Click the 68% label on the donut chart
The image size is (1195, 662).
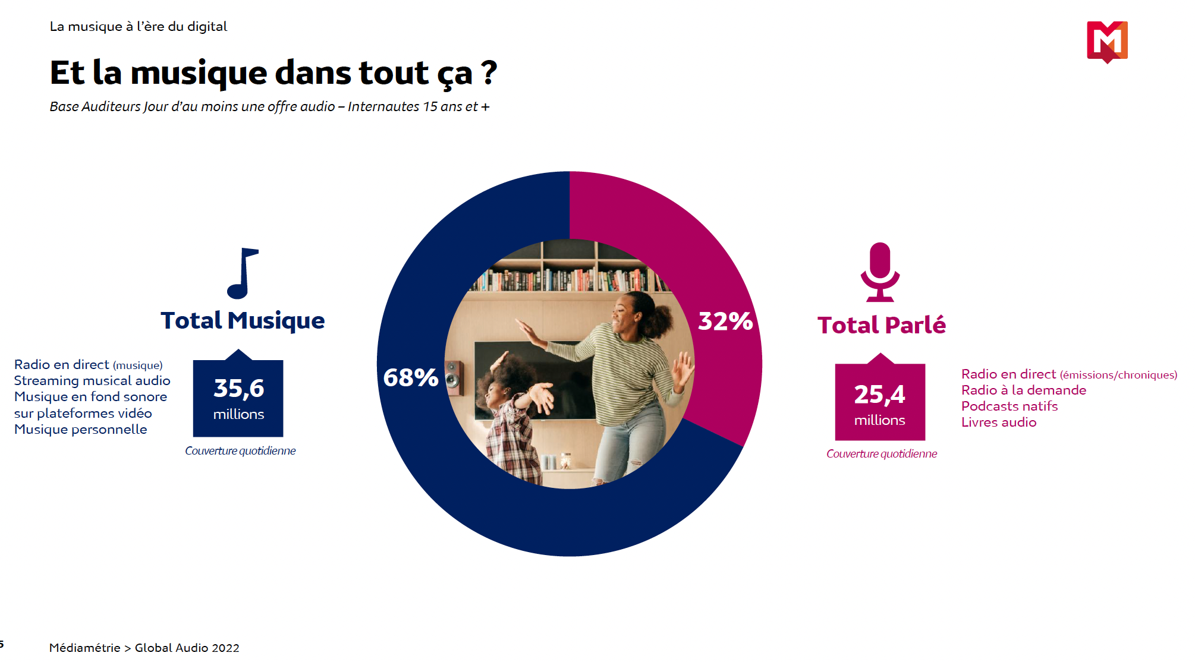point(411,377)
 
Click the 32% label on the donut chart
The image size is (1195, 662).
point(725,321)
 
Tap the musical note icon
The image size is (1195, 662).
point(242,273)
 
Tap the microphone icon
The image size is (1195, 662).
point(880,272)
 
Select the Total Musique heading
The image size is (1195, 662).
point(243,320)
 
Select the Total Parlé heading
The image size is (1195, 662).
point(881,325)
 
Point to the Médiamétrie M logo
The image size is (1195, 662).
point(1107,41)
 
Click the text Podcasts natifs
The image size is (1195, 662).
point(1010,406)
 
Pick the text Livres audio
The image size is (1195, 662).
point(999,422)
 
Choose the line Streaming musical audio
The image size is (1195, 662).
point(92,380)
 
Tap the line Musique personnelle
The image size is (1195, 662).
point(81,429)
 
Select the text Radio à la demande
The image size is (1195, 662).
point(1024,390)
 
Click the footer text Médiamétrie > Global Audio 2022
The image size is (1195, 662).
point(144,648)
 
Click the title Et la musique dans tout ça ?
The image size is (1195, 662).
point(273,72)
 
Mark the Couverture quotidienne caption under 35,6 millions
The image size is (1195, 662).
point(240,450)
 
